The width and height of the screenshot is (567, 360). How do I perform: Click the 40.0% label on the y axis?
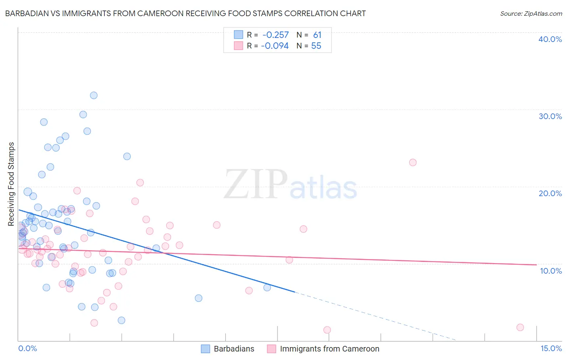coord(550,39)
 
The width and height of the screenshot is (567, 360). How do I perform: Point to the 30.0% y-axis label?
coord(550,116)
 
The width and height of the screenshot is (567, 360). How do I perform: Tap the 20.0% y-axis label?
coord(550,193)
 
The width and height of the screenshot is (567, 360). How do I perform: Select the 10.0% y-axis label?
coord(551,271)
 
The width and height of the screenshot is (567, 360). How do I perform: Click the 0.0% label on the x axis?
coord(27,348)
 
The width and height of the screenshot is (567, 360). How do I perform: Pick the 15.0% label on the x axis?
coord(551,348)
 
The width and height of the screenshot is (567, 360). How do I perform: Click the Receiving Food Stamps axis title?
coord(11,184)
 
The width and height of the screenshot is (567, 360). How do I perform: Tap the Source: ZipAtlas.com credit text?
coord(531,13)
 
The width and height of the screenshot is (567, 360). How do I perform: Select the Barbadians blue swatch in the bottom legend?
coord(206,349)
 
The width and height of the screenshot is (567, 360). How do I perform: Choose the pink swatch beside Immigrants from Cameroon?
coord(271,349)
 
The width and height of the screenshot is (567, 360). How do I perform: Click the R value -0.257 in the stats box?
coord(275,35)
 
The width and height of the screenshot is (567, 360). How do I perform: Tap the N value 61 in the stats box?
coord(317,35)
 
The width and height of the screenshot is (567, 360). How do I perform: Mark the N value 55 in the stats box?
coord(316,46)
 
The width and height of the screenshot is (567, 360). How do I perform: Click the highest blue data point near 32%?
coord(94,95)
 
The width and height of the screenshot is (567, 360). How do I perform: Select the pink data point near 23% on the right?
coord(413,162)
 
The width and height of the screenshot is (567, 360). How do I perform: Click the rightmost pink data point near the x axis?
coord(520,327)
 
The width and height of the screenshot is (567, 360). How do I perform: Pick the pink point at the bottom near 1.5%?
coord(327,330)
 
